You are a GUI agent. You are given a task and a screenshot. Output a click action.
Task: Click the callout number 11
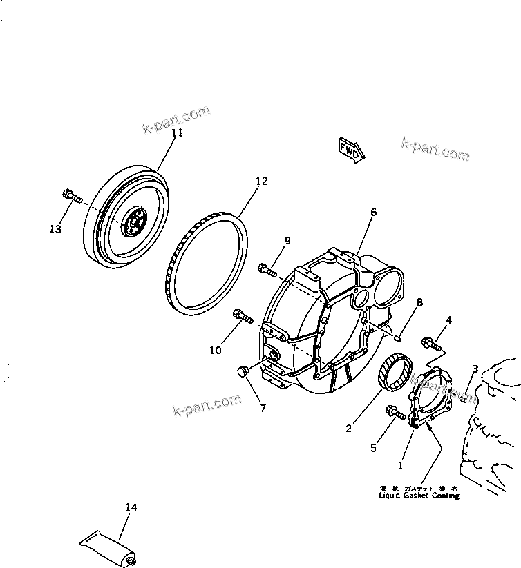click(x=177, y=133)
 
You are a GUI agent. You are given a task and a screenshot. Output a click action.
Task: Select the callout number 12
click(x=261, y=182)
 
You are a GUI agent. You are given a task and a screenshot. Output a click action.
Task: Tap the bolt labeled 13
click(x=70, y=195)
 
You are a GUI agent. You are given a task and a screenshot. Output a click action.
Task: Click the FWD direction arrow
click(x=350, y=150)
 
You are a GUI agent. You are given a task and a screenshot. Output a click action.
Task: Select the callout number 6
click(x=373, y=213)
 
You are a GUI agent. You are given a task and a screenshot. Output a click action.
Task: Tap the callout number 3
click(x=475, y=369)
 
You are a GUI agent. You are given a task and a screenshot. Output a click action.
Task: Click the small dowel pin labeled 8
click(x=399, y=337)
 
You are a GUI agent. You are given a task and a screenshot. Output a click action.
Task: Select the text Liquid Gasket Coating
click(x=419, y=496)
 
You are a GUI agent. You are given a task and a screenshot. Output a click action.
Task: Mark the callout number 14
click(x=131, y=507)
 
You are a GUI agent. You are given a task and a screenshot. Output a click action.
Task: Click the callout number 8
click(x=419, y=302)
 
